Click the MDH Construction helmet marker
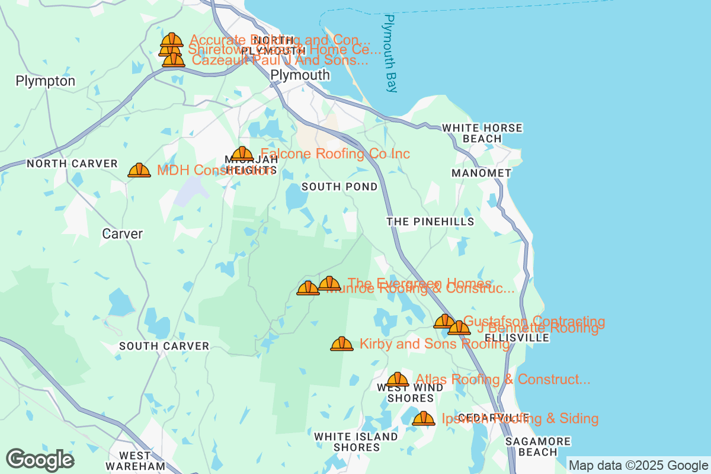(139, 171)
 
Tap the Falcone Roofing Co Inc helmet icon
(242, 154)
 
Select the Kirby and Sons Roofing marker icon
(342, 344)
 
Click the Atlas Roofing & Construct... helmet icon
(398, 380)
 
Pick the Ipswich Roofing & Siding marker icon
(424, 419)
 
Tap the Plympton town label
(46, 81)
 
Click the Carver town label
(122, 234)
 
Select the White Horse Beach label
(482, 133)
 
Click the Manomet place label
(481, 173)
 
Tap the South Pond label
(340, 187)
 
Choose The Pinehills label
(430, 222)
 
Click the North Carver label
(72, 164)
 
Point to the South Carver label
(164, 346)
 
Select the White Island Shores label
(356, 442)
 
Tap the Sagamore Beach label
(538, 447)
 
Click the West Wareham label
(135, 461)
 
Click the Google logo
(40, 460)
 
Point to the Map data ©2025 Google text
(638, 465)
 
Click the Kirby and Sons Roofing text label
(434, 344)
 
